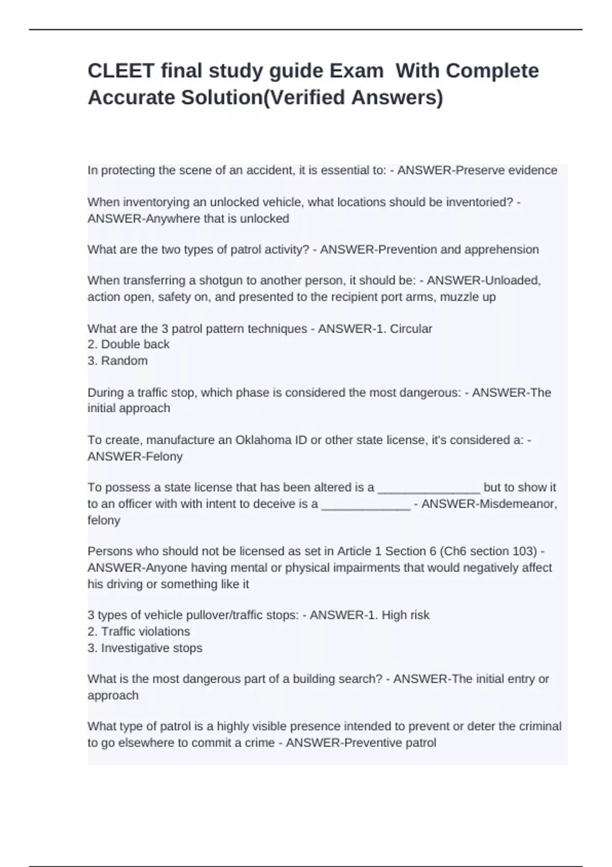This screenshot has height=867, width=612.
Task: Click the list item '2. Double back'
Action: [x=129, y=344]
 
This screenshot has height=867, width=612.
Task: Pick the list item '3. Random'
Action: [x=118, y=361]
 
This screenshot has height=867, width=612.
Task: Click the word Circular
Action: [x=411, y=328]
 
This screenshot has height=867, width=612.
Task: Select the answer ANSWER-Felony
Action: [x=135, y=456]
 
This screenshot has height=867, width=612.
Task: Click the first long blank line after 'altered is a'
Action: [x=428, y=488]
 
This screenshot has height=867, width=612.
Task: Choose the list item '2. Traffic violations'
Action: [x=139, y=631]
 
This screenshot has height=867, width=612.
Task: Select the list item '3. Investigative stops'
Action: [x=145, y=648]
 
